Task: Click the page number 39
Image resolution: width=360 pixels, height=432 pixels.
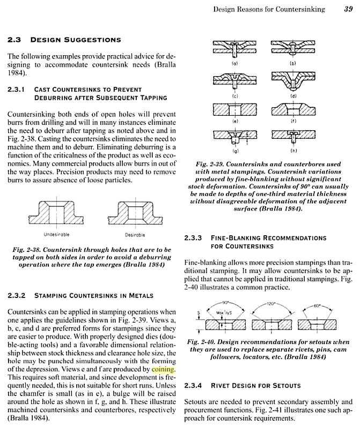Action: [x=348, y=9]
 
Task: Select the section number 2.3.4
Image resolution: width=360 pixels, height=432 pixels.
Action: [x=194, y=385]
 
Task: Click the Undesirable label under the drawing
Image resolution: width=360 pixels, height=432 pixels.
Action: [x=56, y=235]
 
